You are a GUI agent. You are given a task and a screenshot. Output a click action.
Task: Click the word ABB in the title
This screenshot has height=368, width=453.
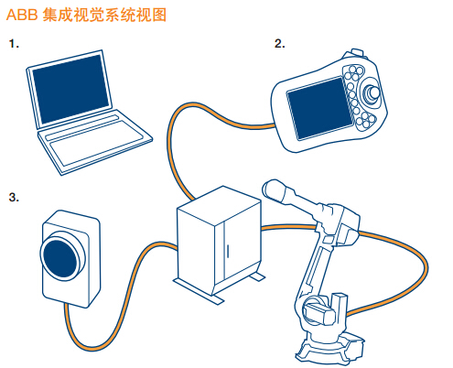pos(22,16)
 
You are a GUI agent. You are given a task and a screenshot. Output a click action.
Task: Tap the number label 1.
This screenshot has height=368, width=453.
pos(12,43)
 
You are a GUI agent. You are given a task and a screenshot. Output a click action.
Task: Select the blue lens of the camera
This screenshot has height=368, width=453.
pos(61,255)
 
